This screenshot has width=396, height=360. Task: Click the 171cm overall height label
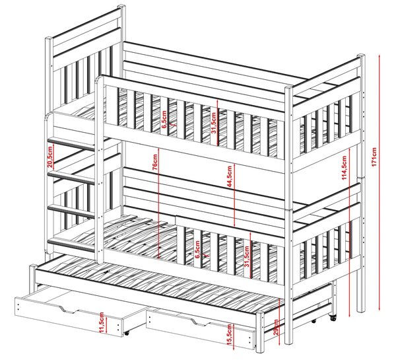coord(374,157)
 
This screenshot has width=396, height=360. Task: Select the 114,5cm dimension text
coord(344,168)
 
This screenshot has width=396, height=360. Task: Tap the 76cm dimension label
coord(155,162)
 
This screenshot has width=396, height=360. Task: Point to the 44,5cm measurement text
coord(229,176)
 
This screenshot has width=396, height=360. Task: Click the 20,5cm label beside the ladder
coord(50,157)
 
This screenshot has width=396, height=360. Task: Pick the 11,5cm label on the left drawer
coord(102,322)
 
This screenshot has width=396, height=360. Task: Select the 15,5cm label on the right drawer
coord(229,334)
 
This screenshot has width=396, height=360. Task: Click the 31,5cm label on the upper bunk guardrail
coord(214,123)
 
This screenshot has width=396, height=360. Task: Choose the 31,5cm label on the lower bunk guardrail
coord(246,256)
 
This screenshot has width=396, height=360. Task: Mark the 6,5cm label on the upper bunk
coord(164,120)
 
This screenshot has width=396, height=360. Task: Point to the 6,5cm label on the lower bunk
coord(197,250)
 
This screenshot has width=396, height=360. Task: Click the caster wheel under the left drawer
coord(126,333)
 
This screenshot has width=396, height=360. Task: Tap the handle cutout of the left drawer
coord(68,309)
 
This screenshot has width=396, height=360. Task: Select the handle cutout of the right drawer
coord(200,322)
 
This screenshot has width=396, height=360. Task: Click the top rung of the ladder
coord(71,144)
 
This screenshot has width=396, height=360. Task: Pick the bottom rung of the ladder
coord(71,245)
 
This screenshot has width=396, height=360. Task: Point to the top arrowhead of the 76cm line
coord(158,149)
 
